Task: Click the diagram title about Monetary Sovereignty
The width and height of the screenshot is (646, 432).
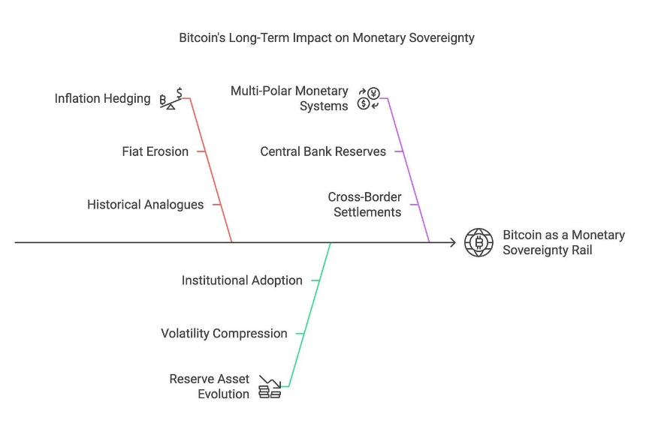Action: pyautogui.click(x=326, y=37)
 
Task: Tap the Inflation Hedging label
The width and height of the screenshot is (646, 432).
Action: pyautogui.click(x=103, y=99)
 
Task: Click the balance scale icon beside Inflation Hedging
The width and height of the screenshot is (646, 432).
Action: pyautogui.click(x=171, y=99)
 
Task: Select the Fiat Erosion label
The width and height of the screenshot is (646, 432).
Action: pyautogui.click(x=155, y=151)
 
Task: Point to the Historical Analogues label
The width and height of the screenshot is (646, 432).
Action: pyautogui.click(x=145, y=205)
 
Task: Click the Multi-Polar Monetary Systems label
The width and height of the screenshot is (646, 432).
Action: pyautogui.click(x=290, y=98)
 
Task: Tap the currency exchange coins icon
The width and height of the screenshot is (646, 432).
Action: pyautogui.click(x=369, y=98)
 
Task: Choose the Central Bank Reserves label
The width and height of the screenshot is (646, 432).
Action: pyautogui.click(x=323, y=151)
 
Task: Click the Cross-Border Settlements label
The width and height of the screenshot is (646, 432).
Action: pyautogui.click(x=364, y=205)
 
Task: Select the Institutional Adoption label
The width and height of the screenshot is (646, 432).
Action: pyautogui.click(x=242, y=280)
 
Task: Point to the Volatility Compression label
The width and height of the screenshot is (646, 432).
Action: pyautogui.click(x=224, y=334)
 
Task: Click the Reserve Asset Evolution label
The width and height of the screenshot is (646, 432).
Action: pyautogui.click(x=210, y=386)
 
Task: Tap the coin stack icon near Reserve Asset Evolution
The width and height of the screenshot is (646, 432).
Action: pyautogui.click(x=270, y=387)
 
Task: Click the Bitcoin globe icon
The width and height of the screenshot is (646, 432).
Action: pyautogui.click(x=478, y=242)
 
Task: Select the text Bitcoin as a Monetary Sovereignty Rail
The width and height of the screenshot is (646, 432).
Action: pyautogui.click(x=563, y=242)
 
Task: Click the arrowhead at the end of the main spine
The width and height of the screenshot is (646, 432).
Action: pyautogui.click(x=452, y=242)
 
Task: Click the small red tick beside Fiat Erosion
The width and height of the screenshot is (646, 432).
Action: pyautogui.click(x=201, y=151)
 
